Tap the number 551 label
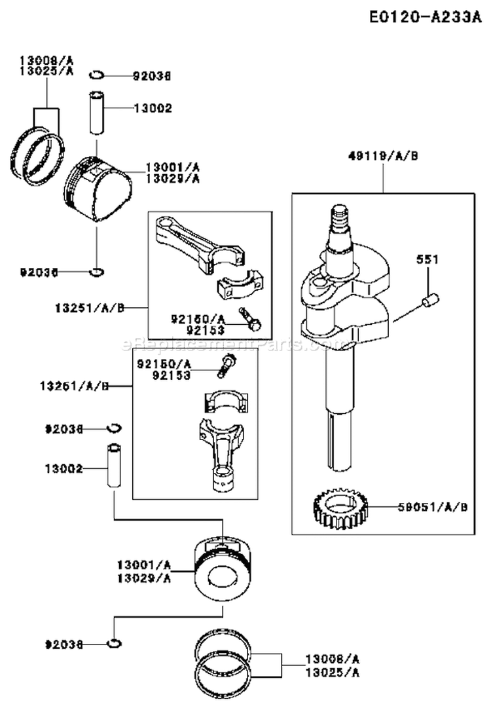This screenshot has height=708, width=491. [427, 260]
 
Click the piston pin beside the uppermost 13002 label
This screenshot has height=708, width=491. [97, 112]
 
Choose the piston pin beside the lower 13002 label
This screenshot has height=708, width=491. [114, 466]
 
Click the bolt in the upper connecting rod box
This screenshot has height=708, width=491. [251, 320]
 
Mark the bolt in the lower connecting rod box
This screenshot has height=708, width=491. [226, 364]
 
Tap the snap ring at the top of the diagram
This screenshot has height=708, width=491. [96, 75]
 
